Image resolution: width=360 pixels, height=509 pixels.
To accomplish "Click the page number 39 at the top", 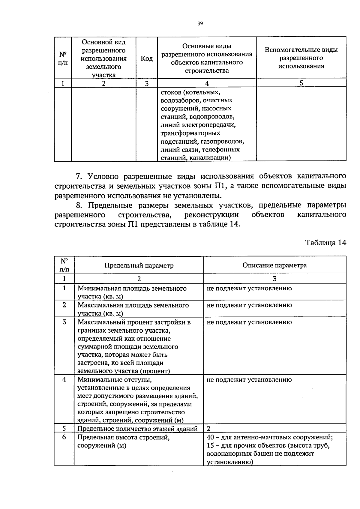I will (x=200, y=24).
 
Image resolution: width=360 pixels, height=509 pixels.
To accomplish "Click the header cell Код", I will (x=147, y=58).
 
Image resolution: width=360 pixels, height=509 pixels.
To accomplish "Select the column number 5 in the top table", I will (x=301, y=83).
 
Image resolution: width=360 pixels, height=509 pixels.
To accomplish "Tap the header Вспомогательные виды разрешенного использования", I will (x=301, y=58).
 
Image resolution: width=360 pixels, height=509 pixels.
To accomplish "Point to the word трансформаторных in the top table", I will (x=190, y=133).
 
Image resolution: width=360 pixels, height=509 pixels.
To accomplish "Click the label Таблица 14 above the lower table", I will (x=325, y=243).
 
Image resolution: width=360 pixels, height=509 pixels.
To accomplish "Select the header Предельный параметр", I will (x=139, y=265).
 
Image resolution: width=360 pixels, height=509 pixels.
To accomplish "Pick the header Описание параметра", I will (x=274, y=265).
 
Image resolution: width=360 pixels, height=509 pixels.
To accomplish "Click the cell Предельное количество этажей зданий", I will (x=137, y=429).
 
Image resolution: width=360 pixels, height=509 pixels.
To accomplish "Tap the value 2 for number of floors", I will (x=209, y=429).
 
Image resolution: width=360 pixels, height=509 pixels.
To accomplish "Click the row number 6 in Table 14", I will (x=64, y=437).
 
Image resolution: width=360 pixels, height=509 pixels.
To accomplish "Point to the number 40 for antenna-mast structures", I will (x=210, y=437).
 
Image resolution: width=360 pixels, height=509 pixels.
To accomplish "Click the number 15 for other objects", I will (x=210, y=445).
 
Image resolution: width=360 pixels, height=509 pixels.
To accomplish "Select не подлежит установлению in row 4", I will (x=249, y=380).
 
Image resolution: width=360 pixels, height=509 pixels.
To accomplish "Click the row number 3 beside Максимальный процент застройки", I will (x=64, y=322).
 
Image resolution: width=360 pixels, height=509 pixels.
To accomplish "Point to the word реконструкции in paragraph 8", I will (x=211, y=215).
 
